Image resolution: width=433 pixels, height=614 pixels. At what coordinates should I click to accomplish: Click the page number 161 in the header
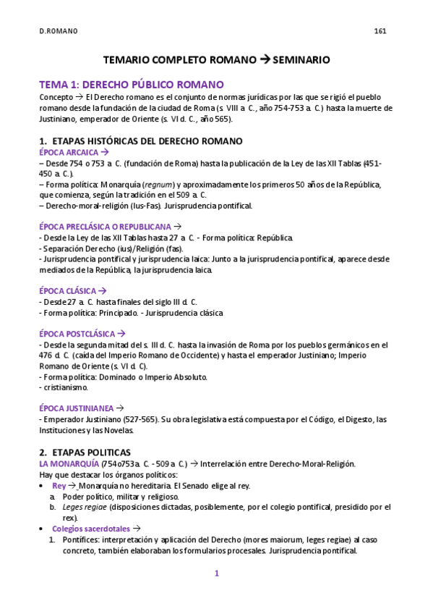tap(380, 30)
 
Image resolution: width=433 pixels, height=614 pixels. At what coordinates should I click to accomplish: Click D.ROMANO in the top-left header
tap(59, 30)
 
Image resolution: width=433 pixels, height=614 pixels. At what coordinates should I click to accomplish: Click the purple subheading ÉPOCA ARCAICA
tap(68, 152)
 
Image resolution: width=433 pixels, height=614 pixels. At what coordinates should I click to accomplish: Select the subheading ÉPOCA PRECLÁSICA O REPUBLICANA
tap(104, 226)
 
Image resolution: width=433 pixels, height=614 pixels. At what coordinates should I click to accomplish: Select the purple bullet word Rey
tap(59, 485)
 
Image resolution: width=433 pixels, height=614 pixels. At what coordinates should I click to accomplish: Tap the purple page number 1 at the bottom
tap(215, 573)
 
